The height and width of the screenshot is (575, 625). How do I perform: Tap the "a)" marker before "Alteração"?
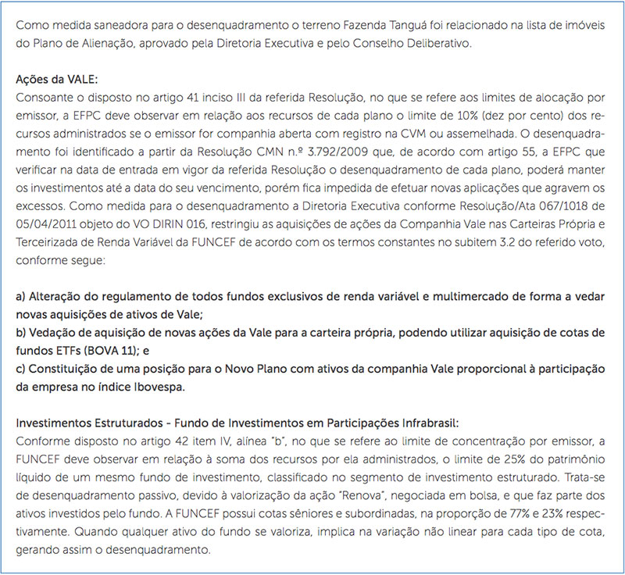click(x=22, y=298)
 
